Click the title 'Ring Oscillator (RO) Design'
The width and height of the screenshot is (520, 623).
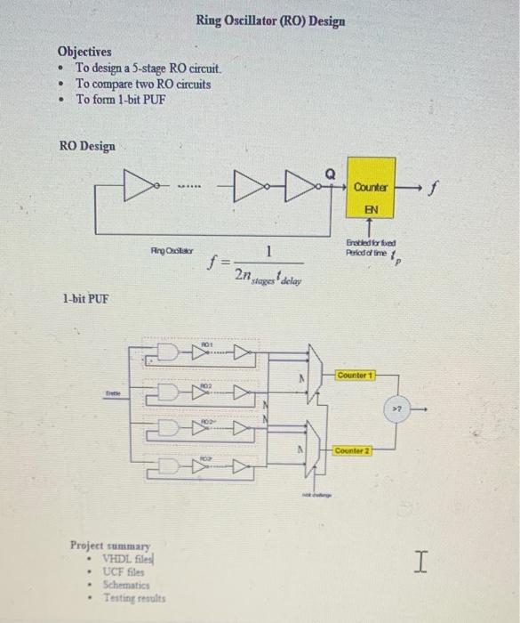click(x=270, y=20)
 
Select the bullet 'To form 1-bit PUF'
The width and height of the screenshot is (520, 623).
click(x=120, y=99)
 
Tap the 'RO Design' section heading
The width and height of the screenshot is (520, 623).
click(x=87, y=145)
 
